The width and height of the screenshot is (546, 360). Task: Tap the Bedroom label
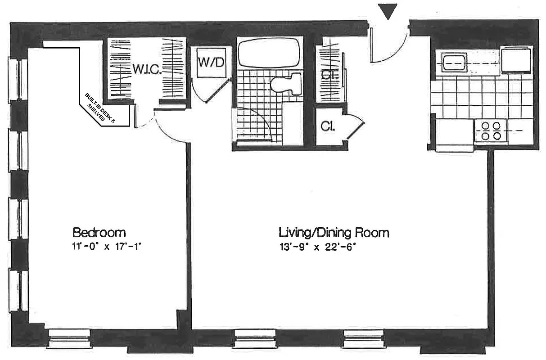point(99,233)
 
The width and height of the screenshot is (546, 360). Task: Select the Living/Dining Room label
point(334,233)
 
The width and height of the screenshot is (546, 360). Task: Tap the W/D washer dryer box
point(211,62)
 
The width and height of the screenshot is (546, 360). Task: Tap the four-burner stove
point(491,131)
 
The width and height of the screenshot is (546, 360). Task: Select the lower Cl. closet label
point(328,126)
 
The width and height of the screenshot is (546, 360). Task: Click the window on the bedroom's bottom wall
point(69,338)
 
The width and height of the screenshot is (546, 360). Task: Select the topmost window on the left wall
point(18,79)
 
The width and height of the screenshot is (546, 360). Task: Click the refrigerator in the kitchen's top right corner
point(517,59)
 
